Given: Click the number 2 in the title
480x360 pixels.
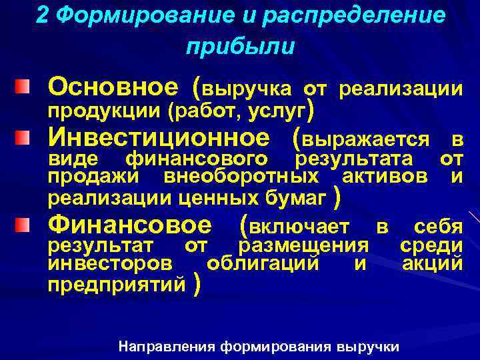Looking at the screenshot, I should tap(42, 16).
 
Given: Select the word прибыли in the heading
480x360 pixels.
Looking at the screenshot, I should tap(240, 47).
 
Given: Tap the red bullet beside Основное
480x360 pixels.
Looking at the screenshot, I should tap(23, 87).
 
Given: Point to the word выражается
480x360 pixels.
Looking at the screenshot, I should tap(365, 139).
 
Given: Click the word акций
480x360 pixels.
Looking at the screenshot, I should tap(432, 264).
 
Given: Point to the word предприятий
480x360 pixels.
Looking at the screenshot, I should tap(117, 285).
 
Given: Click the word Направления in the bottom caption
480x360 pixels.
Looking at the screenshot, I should tap(167, 347).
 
